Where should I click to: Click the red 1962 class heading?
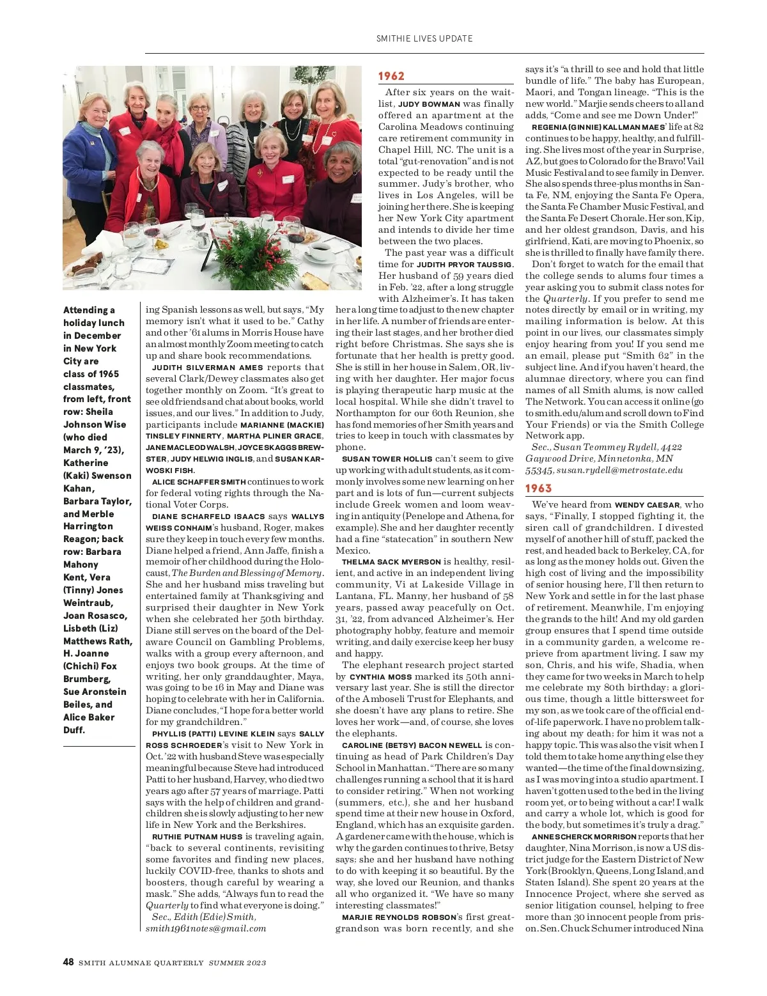(391, 76)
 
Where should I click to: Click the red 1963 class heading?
(538, 488)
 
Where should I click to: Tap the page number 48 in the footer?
(68, 962)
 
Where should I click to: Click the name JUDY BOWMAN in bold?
(429, 104)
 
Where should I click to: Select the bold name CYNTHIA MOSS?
(376, 677)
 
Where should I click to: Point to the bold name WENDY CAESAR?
(647, 505)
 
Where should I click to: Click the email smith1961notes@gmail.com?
(206, 928)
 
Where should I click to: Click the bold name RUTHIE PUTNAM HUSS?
(197, 837)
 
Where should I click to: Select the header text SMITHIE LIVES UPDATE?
(424, 38)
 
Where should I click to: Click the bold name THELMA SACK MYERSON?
(391, 562)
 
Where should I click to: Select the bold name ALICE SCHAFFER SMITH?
(199, 482)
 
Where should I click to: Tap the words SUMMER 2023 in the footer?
(237, 963)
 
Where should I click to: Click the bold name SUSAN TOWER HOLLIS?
(387, 459)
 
